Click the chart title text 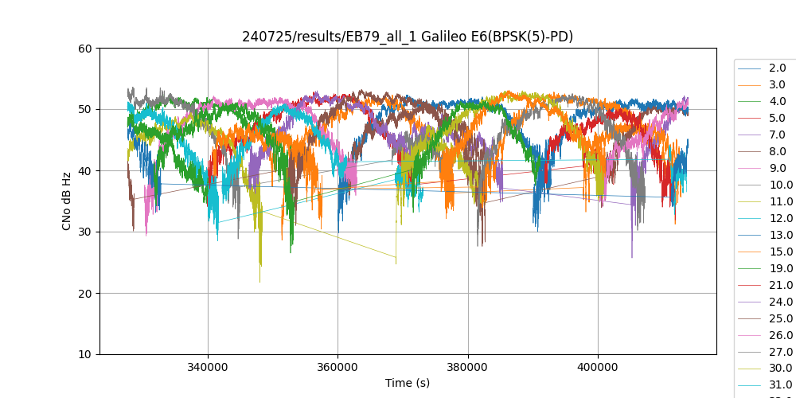click(x=408, y=37)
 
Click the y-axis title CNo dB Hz click(x=68, y=201)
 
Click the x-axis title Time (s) click(x=408, y=383)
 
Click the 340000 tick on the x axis click(x=208, y=369)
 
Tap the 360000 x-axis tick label click(x=338, y=369)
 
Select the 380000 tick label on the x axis click(x=467, y=369)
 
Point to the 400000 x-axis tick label click(x=597, y=369)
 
